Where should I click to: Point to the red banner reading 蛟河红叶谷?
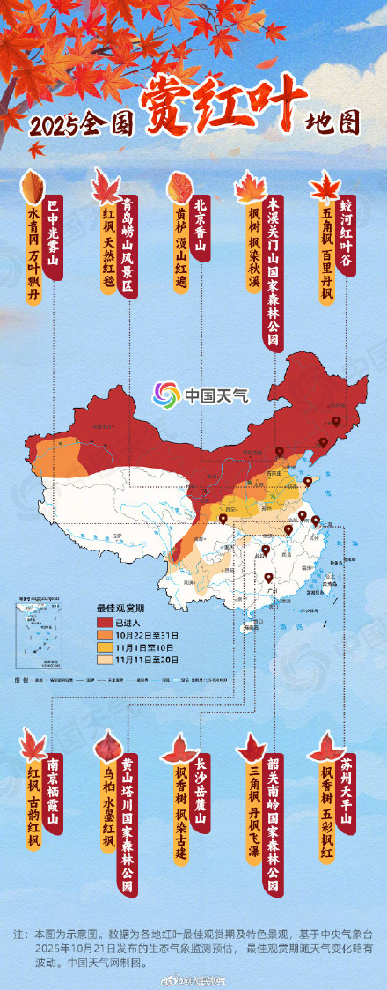coord(347,234)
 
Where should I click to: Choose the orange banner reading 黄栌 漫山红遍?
coord(181,242)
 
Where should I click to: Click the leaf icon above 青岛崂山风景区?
coord(106,187)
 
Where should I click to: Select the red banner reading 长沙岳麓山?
coord(201,793)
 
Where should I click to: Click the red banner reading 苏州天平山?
coord(347,793)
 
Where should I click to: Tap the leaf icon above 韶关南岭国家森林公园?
coord(252,749)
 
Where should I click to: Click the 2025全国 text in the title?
coord(70,126)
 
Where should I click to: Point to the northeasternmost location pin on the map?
coord(336,422)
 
